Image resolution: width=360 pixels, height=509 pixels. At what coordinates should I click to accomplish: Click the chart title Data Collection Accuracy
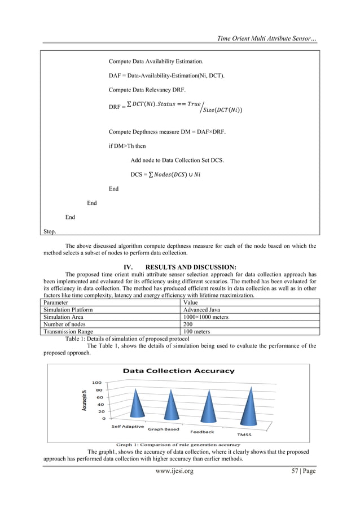(x=178, y=371)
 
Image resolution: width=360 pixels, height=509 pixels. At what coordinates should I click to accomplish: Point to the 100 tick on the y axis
(x=98, y=382)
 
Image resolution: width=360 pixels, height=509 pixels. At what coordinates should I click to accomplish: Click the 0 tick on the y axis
(x=103, y=419)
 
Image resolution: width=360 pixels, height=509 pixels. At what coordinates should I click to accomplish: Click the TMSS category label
(x=244, y=435)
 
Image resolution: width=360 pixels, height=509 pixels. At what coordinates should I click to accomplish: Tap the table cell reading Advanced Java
(x=201, y=310)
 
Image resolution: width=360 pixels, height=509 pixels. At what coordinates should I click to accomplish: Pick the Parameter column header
(x=58, y=302)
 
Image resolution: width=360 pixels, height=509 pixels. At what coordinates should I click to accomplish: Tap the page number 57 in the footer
(x=302, y=471)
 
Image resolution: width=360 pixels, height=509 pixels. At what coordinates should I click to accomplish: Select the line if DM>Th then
(x=128, y=145)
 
